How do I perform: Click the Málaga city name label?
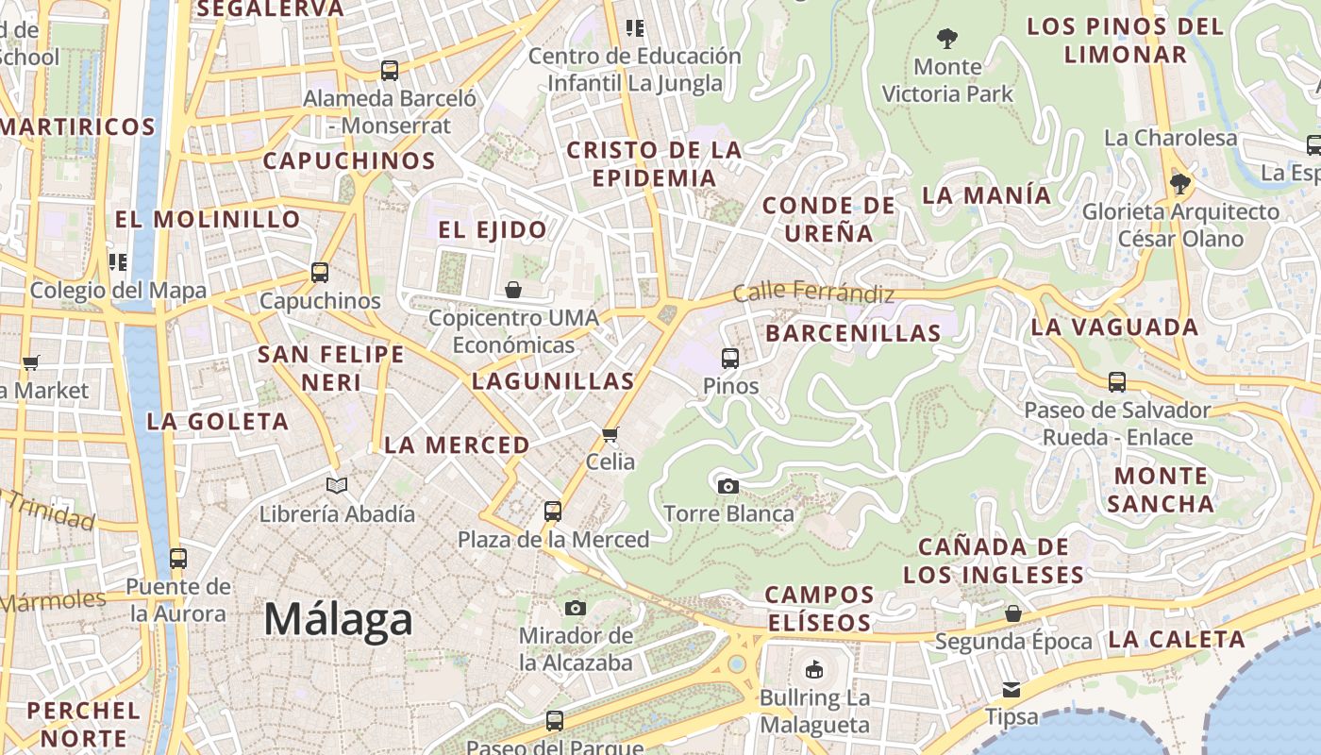click(x=338, y=620)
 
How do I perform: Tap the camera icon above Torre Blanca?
click(x=727, y=486)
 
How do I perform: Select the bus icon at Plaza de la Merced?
click(x=553, y=512)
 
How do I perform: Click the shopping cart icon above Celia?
click(x=610, y=434)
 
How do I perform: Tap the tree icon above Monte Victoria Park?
click(x=947, y=39)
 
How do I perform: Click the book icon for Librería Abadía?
click(x=337, y=486)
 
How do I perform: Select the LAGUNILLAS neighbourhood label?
click(x=553, y=381)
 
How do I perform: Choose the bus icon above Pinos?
click(x=730, y=358)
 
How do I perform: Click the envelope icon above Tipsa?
click(x=1012, y=689)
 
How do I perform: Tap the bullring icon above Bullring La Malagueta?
click(x=813, y=670)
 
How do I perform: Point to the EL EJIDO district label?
click(x=493, y=229)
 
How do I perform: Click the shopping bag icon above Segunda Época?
click(x=1013, y=613)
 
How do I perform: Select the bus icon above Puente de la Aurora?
click(x=178, y=558)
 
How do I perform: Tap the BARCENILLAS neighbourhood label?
click(x=853, y=333)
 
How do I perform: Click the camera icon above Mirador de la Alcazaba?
click(x=576, y=608)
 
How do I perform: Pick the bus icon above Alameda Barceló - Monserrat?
click(x=390, y=70)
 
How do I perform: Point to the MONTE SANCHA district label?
click(x=1160, y=489)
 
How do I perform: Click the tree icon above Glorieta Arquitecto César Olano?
click(x=1179, y=183)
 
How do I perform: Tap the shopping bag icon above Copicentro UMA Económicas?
click(x=513, y=289)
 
